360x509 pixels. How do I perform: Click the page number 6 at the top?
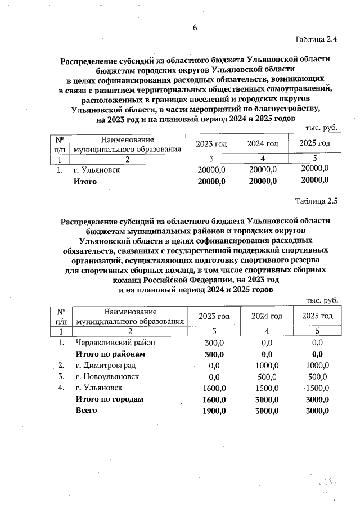click(195, 28)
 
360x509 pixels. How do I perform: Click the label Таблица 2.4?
click(316, 39)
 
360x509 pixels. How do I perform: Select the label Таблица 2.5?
click(316, 200)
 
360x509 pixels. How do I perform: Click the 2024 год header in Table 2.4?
click(263, 144)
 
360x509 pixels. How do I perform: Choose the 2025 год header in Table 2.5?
click(317, 316)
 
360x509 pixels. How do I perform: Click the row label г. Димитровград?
click(103, 365)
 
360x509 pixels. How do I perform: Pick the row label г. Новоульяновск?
click(107, 376)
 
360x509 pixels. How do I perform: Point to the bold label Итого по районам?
click(110, 354)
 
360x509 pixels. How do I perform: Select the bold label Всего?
click(87, 411)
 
